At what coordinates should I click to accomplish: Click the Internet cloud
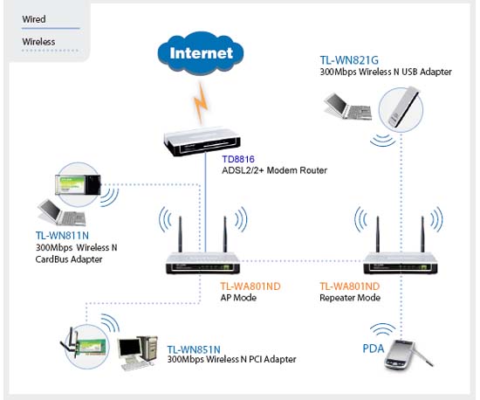tap(201, 53)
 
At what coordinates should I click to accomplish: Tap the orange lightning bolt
tap(201, 103)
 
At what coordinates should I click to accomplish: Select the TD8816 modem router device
tap(202, 141)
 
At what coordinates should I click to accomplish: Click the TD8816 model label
tap(238, 159)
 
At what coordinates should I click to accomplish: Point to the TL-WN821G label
tap(349, 60)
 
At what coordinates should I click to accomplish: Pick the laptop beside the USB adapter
tap(348, 107)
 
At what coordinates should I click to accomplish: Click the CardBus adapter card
tap(78, 184)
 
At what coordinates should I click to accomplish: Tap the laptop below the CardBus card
tap(62, 212)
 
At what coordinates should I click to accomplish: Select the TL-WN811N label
tap(62, 236)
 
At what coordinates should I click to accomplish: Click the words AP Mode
tap(238, 298)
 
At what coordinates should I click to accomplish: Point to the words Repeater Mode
tap(350, 298)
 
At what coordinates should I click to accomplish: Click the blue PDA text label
tap(374, 348)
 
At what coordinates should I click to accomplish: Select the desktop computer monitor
tap(130, 351)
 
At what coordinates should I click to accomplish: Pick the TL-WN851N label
tap(194, 349)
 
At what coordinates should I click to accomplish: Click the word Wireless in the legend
tap(38, 42)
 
